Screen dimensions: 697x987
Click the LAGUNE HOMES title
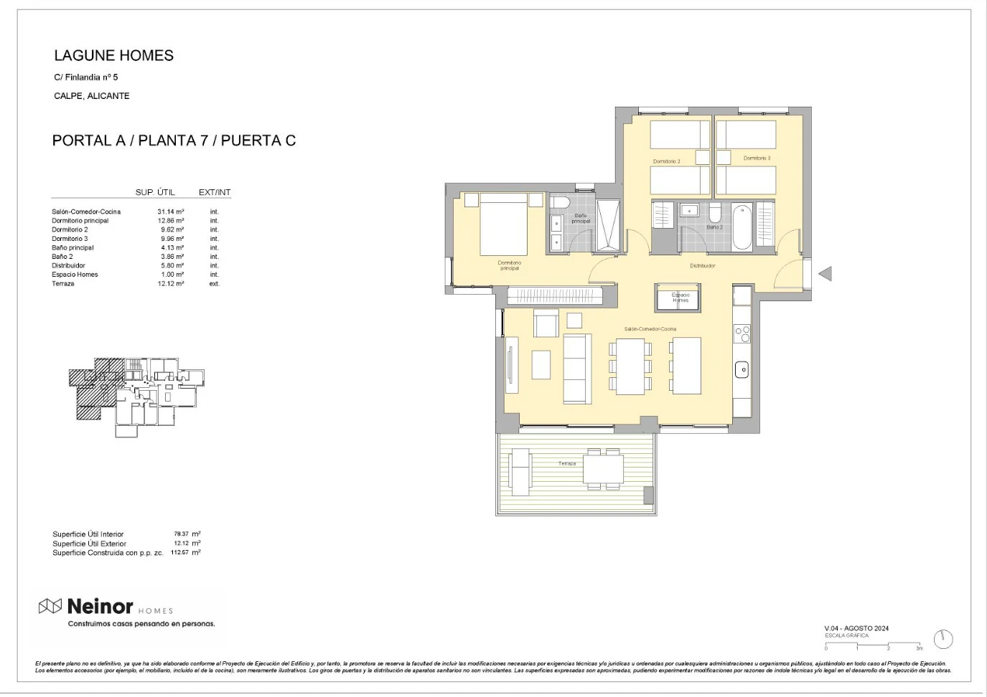click(113, 56)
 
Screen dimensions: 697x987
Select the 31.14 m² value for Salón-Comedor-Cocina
click(170, 212)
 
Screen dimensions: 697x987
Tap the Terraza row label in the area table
click(63, 284)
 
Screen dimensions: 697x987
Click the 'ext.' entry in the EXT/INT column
click(214, 284)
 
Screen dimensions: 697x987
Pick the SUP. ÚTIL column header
click(155, 192)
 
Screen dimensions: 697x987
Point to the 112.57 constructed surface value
click(179, 553)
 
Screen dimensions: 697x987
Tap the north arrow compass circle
click(942, 639)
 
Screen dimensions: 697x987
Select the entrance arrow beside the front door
click(825, 273)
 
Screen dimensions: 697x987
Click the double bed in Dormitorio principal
click(503, 224)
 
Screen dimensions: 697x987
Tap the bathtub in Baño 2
click(742, 227)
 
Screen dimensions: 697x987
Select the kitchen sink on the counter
click(742, 370)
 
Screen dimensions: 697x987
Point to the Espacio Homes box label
click(680, 298)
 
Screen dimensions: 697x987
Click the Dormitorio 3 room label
click(757, 158)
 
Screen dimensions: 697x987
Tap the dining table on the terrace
click(603, 468)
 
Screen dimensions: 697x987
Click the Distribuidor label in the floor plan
click(702, 266)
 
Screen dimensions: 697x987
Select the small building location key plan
click(136, 397)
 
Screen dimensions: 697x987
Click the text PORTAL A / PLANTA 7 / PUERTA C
click(174, 141)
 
